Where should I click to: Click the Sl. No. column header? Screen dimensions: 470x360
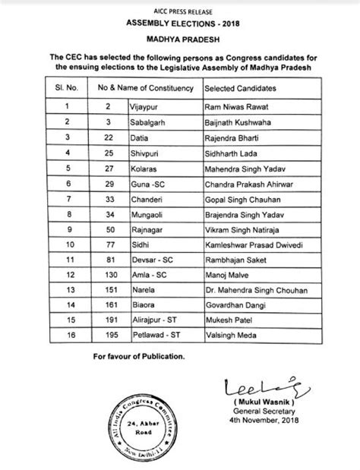(67, 90)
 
